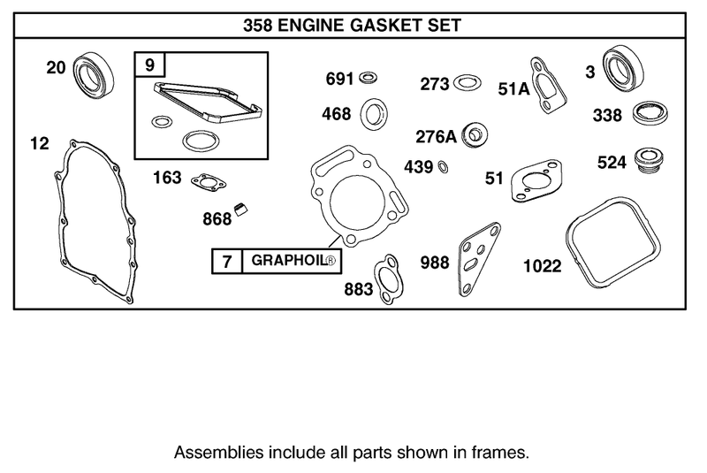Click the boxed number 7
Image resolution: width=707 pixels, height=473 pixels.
click(x=226, y=263)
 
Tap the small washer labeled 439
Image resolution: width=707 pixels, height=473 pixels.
click(x=443, y=167)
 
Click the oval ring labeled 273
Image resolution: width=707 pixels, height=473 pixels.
click(x=468, y=85)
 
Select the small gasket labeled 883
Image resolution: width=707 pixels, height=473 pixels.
click(x=386, y=281)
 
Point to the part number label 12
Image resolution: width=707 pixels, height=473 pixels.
click(x=38, y=141)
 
